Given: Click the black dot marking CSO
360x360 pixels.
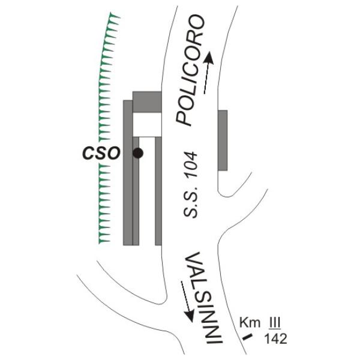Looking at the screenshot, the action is coord(138,153).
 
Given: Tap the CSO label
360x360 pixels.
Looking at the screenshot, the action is coord(101,153).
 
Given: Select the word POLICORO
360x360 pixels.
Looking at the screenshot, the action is coord(190,70).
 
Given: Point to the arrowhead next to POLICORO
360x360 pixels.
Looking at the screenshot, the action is coord(209,58).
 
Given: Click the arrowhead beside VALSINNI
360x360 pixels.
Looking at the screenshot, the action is coord(190,315).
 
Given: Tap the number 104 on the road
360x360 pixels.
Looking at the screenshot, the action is coord(191,164).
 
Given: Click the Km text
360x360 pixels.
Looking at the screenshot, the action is coord(250,323).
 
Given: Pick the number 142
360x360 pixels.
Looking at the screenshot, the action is coord(276,339).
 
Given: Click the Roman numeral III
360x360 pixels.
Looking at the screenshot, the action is coord(275,323).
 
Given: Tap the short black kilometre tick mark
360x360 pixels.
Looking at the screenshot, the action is coord(248,337).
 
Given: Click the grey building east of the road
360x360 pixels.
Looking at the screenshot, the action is coord(223,140).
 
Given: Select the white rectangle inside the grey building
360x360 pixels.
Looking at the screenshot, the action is coord(147,125).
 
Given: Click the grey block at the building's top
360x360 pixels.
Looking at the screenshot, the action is coord(147,102).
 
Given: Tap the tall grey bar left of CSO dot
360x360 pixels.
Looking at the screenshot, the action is coord(128,173).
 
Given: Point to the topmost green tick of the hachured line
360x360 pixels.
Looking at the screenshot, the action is coord(115,16).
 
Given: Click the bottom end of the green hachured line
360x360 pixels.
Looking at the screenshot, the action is coord(99,244).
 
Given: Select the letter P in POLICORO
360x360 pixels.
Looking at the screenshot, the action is coord(184,118).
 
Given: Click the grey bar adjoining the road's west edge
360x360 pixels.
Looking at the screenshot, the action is coord(158,191).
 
